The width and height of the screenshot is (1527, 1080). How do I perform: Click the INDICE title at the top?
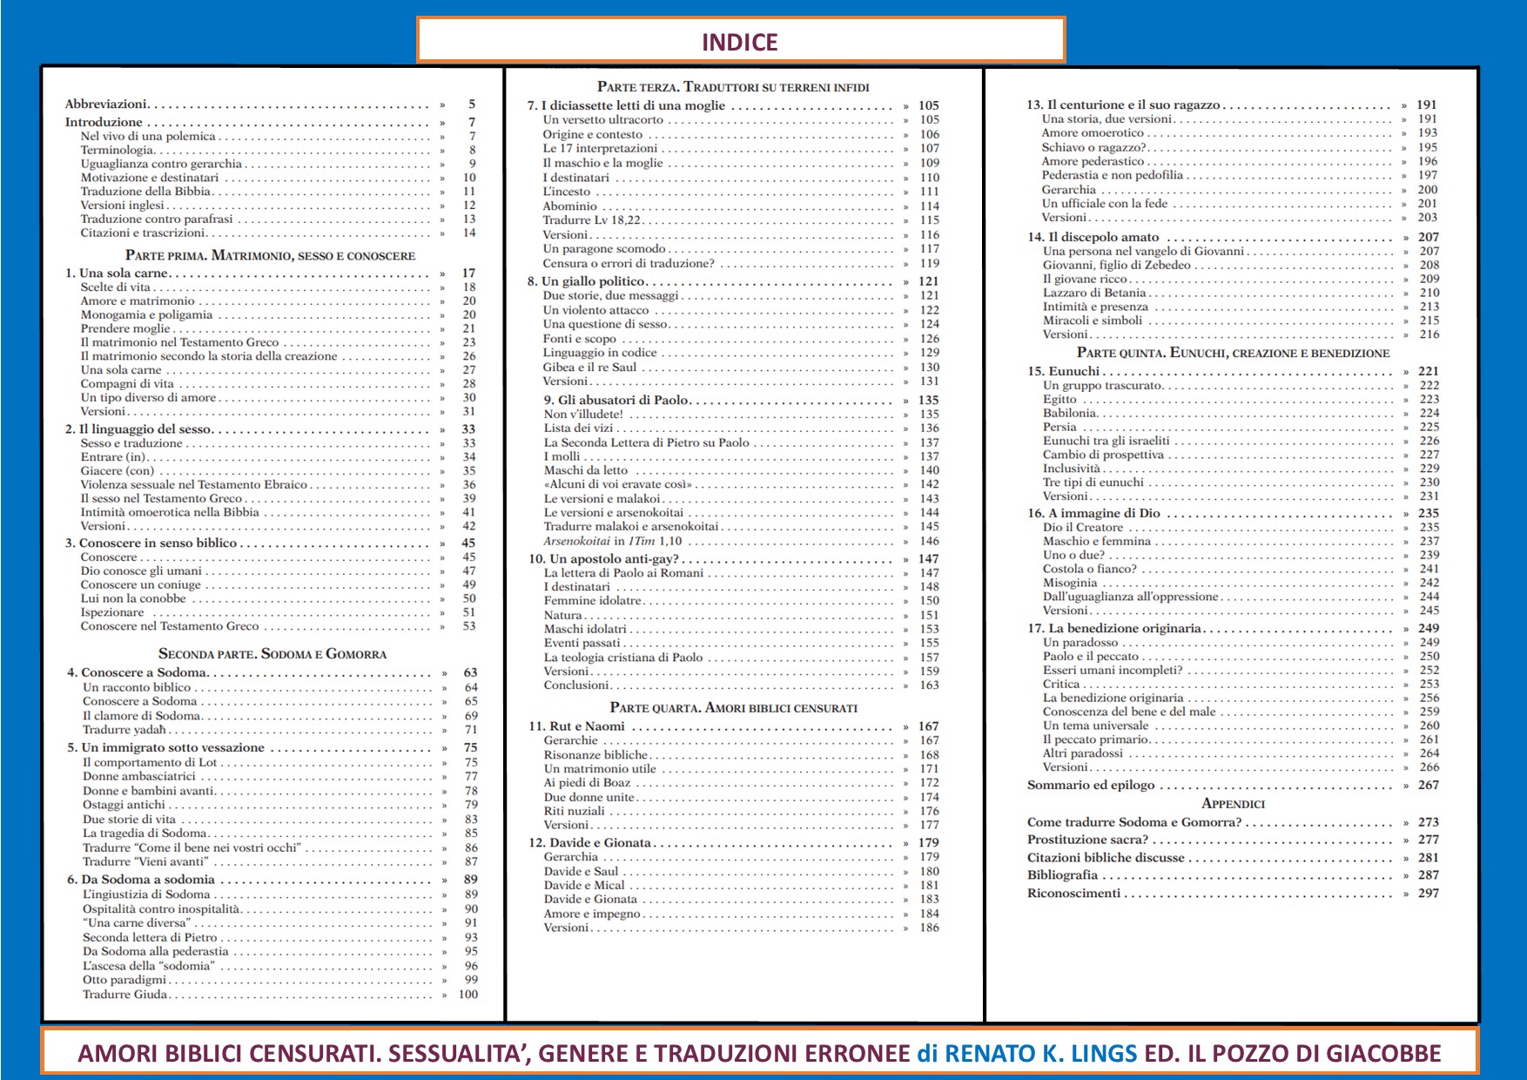740,42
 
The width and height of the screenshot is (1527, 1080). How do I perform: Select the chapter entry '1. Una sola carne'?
116,273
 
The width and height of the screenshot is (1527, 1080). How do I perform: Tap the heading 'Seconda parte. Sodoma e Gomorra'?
272,653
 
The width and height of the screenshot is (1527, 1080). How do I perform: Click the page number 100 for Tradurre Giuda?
468,994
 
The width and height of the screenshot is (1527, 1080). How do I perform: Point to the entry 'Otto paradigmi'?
124,980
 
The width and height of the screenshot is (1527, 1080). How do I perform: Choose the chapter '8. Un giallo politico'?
586,281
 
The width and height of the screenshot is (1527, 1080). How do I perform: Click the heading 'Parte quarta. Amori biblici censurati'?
733,707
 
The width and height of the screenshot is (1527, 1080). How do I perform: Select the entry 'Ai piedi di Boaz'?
587,783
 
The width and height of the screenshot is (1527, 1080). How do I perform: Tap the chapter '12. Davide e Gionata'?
589,842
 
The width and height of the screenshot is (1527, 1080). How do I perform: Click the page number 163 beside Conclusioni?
929,685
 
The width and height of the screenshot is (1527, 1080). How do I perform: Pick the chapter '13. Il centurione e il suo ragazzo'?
1122,105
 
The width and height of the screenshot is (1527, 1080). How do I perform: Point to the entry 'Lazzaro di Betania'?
1093,293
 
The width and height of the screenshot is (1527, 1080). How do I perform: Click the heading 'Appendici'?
1232,803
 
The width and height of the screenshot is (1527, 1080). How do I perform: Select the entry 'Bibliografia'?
1062,874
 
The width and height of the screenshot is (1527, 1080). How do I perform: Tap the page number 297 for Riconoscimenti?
1428,893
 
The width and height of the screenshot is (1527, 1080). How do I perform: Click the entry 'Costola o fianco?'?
1089,569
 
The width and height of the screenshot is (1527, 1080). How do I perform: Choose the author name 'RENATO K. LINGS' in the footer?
1040,1054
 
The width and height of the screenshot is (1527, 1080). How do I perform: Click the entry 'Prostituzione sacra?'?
1087,840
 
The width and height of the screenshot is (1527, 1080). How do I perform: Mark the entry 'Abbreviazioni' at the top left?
105,104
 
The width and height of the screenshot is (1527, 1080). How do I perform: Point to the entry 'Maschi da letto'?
585,470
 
